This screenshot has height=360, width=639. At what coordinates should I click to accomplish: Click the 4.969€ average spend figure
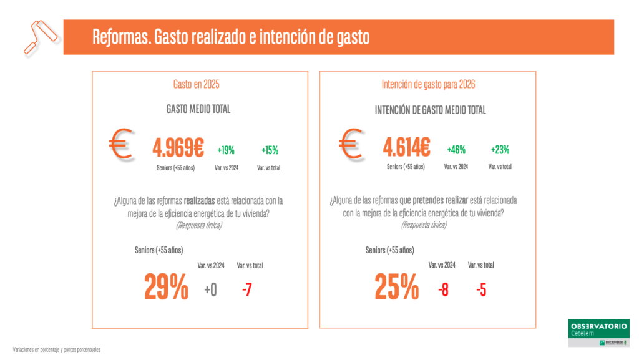[178, 148]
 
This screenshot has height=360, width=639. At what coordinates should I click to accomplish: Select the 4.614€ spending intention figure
[406, 148]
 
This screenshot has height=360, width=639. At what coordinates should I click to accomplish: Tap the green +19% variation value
[226, 150]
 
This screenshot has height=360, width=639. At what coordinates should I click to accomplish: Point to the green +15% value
[270, 150]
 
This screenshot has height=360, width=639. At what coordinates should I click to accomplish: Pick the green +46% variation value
[456, 150]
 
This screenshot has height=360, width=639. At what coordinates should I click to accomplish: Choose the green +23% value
[500, 150]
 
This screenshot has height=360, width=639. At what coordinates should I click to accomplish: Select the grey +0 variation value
[210, 289]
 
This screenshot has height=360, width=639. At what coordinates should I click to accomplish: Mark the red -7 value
[247, 289]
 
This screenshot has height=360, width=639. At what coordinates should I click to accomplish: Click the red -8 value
[442, 289]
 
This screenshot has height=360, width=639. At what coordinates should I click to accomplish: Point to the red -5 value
[481, 289]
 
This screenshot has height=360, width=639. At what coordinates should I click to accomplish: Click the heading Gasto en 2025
[196, 84]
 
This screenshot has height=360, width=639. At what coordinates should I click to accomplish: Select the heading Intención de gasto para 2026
[428, 84]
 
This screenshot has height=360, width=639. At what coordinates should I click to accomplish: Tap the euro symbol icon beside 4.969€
[119, 144]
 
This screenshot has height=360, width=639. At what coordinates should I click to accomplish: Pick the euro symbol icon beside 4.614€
[351, 144]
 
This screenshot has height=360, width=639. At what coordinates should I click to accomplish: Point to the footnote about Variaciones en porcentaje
[57, 349]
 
